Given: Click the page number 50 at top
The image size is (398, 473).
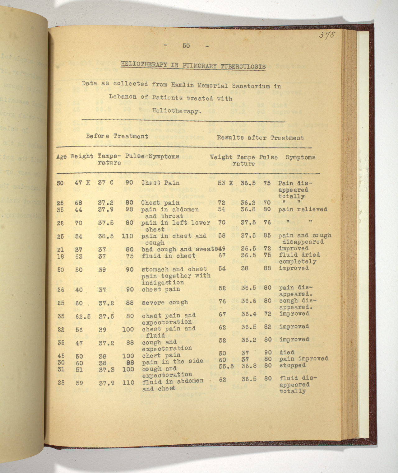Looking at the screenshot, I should tap(186, 46).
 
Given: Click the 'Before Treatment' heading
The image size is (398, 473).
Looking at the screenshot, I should tap(117, 136).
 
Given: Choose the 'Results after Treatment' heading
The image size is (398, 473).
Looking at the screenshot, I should tap(260, 138).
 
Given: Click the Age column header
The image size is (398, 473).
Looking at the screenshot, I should tap(61, 157).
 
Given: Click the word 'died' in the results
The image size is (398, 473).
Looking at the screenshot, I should tap(287, 352).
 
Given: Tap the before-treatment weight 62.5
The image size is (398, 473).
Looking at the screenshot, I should tap(83, 316).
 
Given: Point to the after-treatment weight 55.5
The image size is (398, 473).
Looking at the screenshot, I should tap(226, 366).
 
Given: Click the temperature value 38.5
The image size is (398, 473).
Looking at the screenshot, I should tap(106, 236).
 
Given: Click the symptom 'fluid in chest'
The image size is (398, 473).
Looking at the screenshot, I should tap(169, 256).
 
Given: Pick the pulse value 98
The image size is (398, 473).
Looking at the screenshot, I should tap(130, 209).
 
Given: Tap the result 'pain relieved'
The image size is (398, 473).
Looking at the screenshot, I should tap(302, 209).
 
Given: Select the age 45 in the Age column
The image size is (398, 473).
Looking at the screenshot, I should tap(61, 356).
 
